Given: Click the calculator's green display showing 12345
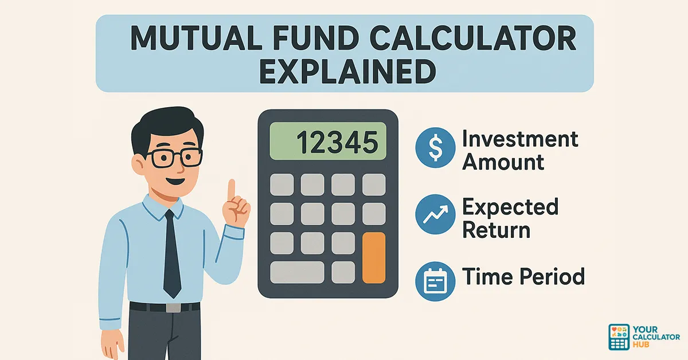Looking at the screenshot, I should click(328, 141).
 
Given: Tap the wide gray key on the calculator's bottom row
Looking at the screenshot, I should click(297, 271).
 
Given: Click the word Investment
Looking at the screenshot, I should click(520, 139).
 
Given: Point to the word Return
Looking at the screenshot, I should click(496, 230).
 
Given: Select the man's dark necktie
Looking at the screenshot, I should click(171, 252).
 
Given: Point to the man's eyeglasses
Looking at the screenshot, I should click(172, 156).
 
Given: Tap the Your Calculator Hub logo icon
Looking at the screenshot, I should click(619, 336).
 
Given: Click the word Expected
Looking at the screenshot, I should click(510, 206).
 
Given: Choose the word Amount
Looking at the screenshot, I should click(503, 162).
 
